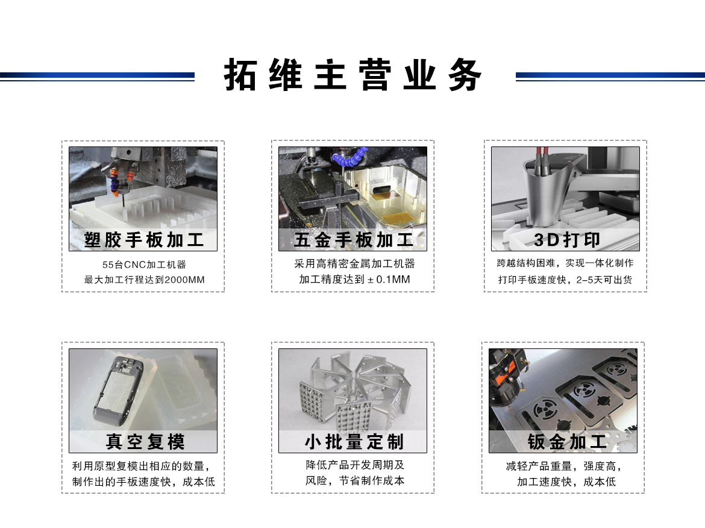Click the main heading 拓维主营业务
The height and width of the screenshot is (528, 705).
coord(353,75)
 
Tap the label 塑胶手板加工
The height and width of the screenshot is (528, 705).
coord(143,240)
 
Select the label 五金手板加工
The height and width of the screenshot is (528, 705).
coord(353,240)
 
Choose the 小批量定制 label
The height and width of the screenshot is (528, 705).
coord(353,441)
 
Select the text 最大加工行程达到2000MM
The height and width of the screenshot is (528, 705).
coord(144,280)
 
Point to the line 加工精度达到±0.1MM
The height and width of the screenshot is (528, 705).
coord(354,280)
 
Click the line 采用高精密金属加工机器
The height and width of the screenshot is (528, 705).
coord(354,264)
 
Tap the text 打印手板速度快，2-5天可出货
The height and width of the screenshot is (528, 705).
coord(565,280)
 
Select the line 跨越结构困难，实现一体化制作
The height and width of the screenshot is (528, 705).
coord(565,263)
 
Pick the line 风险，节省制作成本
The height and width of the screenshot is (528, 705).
coord(354,480)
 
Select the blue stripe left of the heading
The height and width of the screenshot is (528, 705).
coord(97,76)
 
